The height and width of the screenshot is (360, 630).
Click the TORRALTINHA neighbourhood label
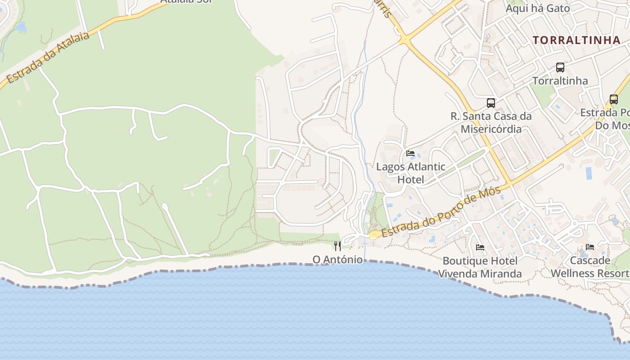point(576,40)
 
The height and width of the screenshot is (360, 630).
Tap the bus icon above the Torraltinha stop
point(560,67)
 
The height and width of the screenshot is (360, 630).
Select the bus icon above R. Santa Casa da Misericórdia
point(490,103)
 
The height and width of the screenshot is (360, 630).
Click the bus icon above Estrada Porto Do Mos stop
point(613,99)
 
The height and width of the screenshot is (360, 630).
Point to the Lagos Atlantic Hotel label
point(410,173)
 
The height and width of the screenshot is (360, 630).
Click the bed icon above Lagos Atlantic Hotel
point(410,153)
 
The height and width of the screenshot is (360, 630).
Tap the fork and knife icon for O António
point(337,246)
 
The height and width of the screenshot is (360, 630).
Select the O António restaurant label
point(337,260)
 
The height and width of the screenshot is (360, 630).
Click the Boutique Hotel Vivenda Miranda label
point(480,267)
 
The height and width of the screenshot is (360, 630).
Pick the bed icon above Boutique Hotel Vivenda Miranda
point(480,247)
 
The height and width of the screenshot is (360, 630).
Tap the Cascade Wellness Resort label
point(590,267)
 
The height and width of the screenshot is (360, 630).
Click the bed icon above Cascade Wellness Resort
point(589,247)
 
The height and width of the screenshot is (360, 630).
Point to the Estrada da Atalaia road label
point(49,58)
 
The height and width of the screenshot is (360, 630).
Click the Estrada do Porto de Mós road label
point(441,212)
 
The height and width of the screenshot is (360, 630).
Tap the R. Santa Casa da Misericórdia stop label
point(490,122)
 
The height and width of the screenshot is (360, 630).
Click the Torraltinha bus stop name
point(560,81)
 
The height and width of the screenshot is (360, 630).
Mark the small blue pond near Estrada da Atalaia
point(21,27)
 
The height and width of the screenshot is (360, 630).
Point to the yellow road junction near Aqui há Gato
point(405,40)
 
